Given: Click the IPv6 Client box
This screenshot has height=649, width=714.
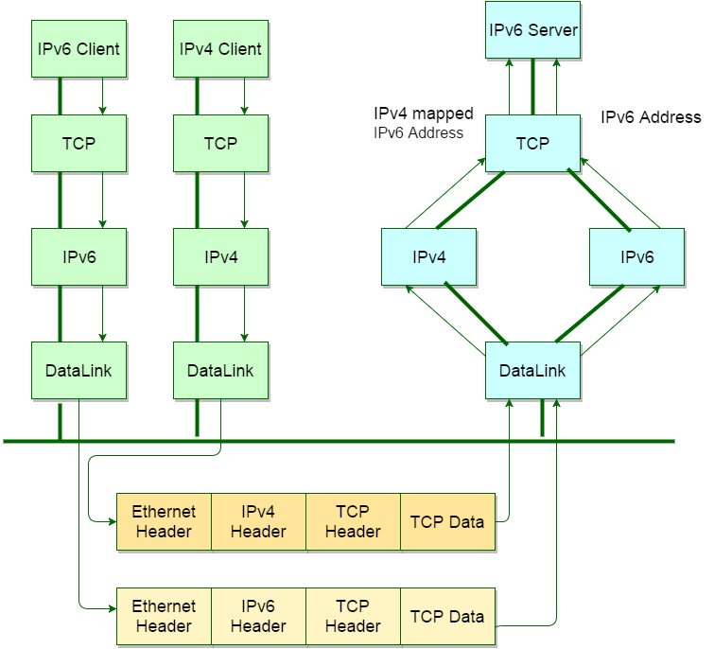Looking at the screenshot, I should pos(78,49).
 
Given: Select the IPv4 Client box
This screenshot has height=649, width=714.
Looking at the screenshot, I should pos(220,49).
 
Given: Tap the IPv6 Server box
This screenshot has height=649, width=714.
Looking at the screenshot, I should pos(533,30).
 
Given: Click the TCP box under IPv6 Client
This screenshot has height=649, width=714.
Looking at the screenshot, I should pos(78,144).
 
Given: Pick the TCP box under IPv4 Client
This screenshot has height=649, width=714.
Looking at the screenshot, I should pos(220,144).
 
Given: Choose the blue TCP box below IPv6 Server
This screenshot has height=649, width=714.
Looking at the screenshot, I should pos(533,144).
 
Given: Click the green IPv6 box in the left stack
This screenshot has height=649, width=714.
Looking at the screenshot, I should pos(78,256).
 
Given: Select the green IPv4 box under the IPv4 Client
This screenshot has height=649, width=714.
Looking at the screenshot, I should pos(220,256).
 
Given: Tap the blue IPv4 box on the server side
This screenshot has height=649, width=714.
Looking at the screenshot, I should pos(428,256).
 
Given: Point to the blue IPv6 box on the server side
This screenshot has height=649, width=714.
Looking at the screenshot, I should pos(636,256).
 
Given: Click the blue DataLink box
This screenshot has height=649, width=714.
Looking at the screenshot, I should pos(532,370).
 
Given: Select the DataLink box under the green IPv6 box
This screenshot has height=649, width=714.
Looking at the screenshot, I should pos(78,370).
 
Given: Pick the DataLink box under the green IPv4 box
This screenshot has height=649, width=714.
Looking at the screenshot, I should pos(220,370).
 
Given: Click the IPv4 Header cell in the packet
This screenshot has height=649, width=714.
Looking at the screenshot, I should pos(258,521).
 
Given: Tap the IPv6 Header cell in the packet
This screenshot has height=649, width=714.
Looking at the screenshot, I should pos(258,616).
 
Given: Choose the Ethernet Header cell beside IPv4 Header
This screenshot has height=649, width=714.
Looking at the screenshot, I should pos(164,521).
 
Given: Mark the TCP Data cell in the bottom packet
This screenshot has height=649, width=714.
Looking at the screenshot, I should pos(447,616).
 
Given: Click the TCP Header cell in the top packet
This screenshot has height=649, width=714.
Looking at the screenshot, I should pos(353,521).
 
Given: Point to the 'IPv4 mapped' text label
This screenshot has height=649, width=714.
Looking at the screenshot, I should pos(424,114).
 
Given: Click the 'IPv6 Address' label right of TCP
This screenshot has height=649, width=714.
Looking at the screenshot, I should pos(651,117).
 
